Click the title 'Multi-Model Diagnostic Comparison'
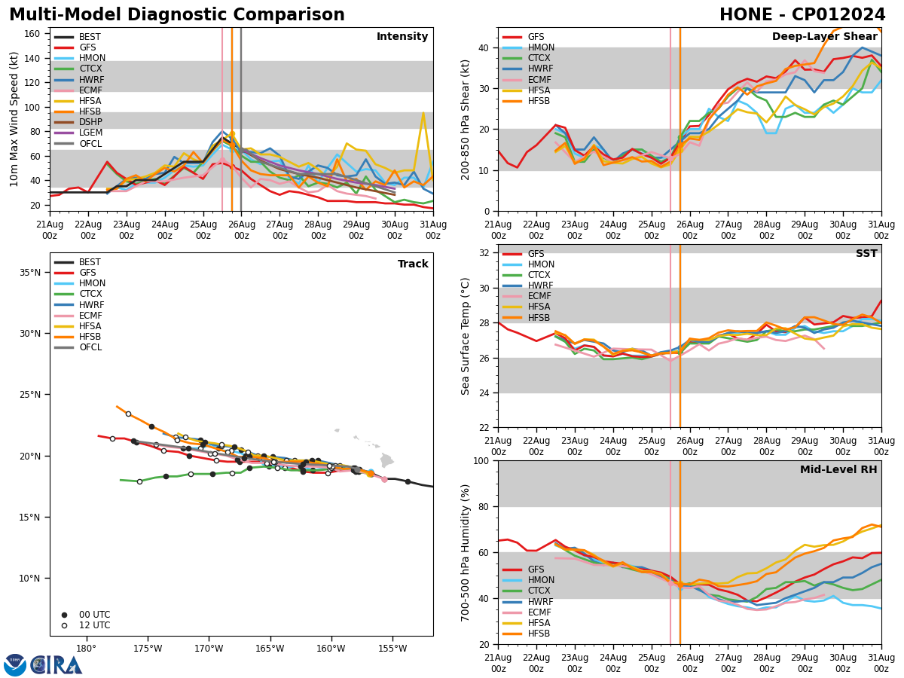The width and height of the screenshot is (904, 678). [x=177, y=15]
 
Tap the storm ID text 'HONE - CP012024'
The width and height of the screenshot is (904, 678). [x=802, y=15]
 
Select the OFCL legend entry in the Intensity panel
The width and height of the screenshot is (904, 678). [x=90, y=144]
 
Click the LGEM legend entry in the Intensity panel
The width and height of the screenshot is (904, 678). [x=90, y=133]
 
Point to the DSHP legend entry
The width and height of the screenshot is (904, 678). [x=90, y=122]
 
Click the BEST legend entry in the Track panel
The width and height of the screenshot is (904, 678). [x=90, y=262]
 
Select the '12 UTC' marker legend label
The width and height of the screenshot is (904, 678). [x=94, y=625]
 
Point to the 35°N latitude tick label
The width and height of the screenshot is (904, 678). [x=31, y=272]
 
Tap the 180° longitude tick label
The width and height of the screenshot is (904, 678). [x=86, y=649]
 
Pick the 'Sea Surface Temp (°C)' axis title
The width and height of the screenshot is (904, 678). [x=466, y=336]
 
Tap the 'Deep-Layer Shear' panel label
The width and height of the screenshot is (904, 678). [x=824, y=37]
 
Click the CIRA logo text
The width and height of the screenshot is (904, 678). [x=56, y=665]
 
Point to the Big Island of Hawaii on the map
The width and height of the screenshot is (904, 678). [x=386, y=460]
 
